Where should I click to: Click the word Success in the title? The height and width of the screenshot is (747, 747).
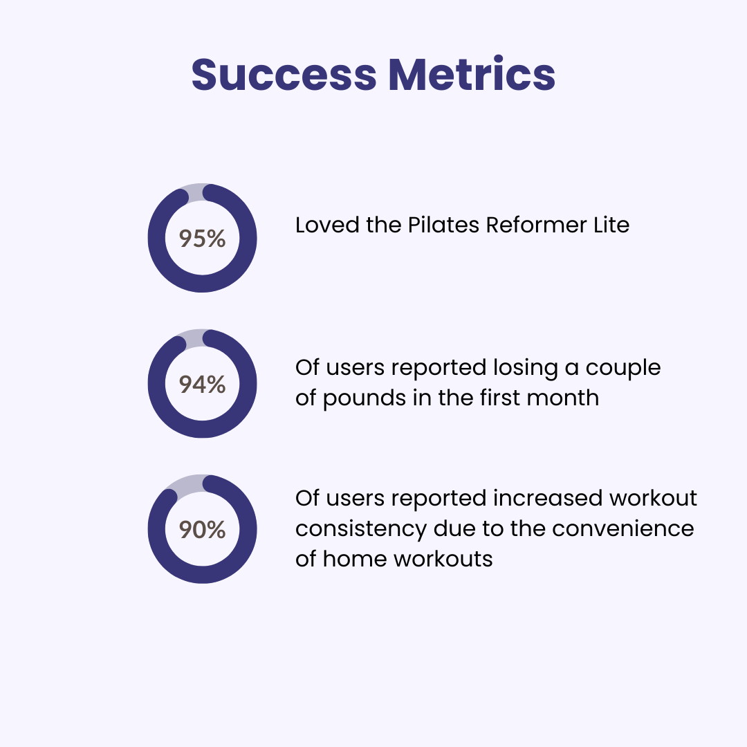(284, 74)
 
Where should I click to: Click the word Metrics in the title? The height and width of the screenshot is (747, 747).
(472, 74)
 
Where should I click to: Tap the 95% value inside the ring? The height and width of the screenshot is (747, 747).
(202, 238)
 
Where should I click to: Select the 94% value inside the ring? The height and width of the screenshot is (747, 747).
(202, 384)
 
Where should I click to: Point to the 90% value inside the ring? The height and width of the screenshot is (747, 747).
(202, 529)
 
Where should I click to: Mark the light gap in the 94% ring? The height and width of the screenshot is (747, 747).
(194, 338)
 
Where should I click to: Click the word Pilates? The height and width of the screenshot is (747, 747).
(443, 225)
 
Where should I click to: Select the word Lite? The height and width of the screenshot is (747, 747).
(611, 225)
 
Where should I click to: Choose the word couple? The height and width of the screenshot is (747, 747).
(623, 368)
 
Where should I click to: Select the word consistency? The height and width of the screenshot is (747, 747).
(361, 529)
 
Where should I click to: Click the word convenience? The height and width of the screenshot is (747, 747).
(623, 528)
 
